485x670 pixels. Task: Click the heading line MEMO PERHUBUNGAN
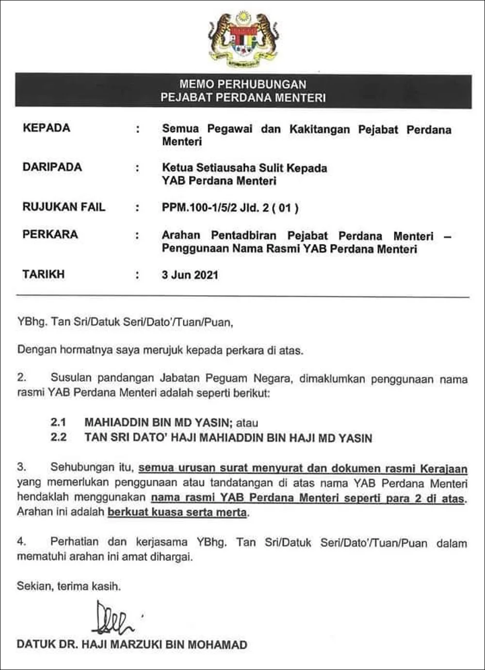tap(243, 84)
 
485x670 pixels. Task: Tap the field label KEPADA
tap(47, 128)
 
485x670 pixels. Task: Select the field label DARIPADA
tap(52, 167)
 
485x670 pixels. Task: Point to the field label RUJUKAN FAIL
tap(64, 207)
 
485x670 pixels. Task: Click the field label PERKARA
tap(50, 235)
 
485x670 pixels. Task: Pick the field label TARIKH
tap(44, 274)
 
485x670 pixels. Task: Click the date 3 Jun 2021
tap(190, 275)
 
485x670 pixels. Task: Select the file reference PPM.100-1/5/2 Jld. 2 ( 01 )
tap(230, 208)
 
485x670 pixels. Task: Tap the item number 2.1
tap(58, 422)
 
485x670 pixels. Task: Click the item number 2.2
tap(58, 437)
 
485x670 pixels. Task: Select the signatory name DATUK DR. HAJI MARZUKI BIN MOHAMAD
tap(132, 645)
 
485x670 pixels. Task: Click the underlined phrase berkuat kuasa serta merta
tap(177, 512)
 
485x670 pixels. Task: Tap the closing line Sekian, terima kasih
tap(69, 586)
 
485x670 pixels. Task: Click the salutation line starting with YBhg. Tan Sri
tap(125, 322)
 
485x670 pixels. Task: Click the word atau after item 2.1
tap(247, 423)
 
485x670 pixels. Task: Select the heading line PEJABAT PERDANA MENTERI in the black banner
tap(243, 97)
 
